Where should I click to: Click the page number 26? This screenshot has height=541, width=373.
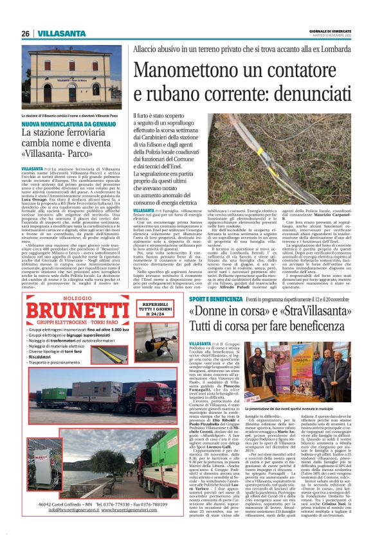click(x=25, y=33)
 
